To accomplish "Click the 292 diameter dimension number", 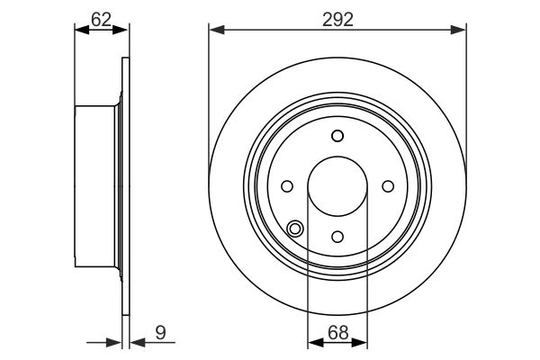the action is (x=337, y=20).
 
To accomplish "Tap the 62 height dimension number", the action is (x=101, y=19).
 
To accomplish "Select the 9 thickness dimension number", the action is (x=160, y=332).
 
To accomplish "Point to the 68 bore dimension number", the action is (x=337, y=332).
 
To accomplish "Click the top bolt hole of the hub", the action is (x=337, y=136).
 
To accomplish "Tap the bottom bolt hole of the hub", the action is (x=337, y=237).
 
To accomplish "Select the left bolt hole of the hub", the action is (x=287, y=186).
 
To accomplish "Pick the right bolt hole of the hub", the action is (x=388, y=186).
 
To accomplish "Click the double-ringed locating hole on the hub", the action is (x=295, y=229).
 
